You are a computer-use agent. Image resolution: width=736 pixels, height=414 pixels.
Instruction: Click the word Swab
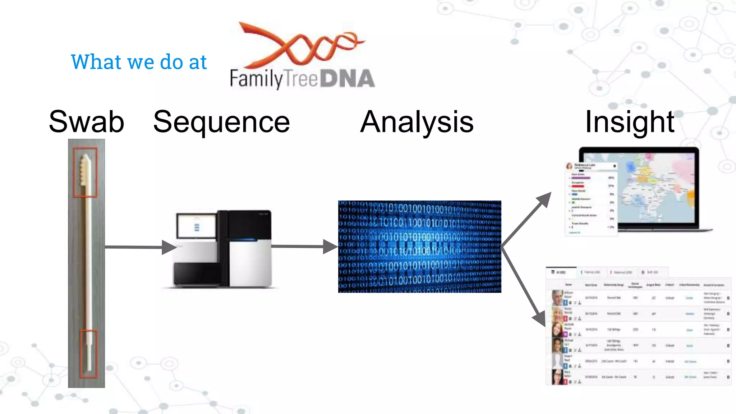click(x=86, y=122)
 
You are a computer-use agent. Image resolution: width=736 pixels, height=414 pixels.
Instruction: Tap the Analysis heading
click(x=417, y=122)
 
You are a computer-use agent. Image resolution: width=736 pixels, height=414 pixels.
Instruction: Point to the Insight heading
click(x=630, y=122)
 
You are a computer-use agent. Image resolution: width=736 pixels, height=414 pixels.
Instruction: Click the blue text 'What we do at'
click(x=139, y=62)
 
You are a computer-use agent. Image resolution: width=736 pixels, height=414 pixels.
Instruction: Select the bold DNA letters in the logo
click(x=347, y=79)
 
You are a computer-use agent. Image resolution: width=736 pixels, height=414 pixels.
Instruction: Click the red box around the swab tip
click(x=85, y=172)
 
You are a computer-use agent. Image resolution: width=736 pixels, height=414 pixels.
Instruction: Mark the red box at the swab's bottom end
click(x=88, y=354)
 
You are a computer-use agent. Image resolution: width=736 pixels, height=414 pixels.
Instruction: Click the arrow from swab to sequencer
click(x=140, y=247)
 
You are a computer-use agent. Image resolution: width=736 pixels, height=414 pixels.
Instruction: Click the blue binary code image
click(x=419, y=247)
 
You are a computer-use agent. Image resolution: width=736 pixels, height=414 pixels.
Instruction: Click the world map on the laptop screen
click(x=647, y=187)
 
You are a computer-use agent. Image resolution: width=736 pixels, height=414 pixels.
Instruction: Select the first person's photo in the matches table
click(x=557, y=298)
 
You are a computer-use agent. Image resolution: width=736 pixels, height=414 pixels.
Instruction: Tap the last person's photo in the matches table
click(x=557, y=377)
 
